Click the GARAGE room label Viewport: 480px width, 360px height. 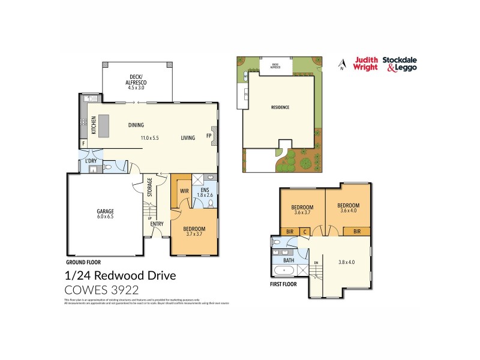pos(106,211)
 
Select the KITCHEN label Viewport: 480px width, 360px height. pos(93,125)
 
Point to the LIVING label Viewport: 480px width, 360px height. pos(188,138)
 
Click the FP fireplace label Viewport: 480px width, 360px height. pos(209,136)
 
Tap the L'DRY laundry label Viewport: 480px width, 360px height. pos(91,161)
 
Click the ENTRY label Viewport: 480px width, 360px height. pos(157,224)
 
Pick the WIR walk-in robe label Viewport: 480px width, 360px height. pos(185,192)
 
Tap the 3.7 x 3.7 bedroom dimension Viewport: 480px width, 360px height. pos(194,235)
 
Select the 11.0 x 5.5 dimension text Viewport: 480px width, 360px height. pos(150,138)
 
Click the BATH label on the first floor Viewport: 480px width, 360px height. pos(289,260)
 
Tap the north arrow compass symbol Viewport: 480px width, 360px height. pos(342,63)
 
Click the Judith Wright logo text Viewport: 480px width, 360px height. pos(365,63)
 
